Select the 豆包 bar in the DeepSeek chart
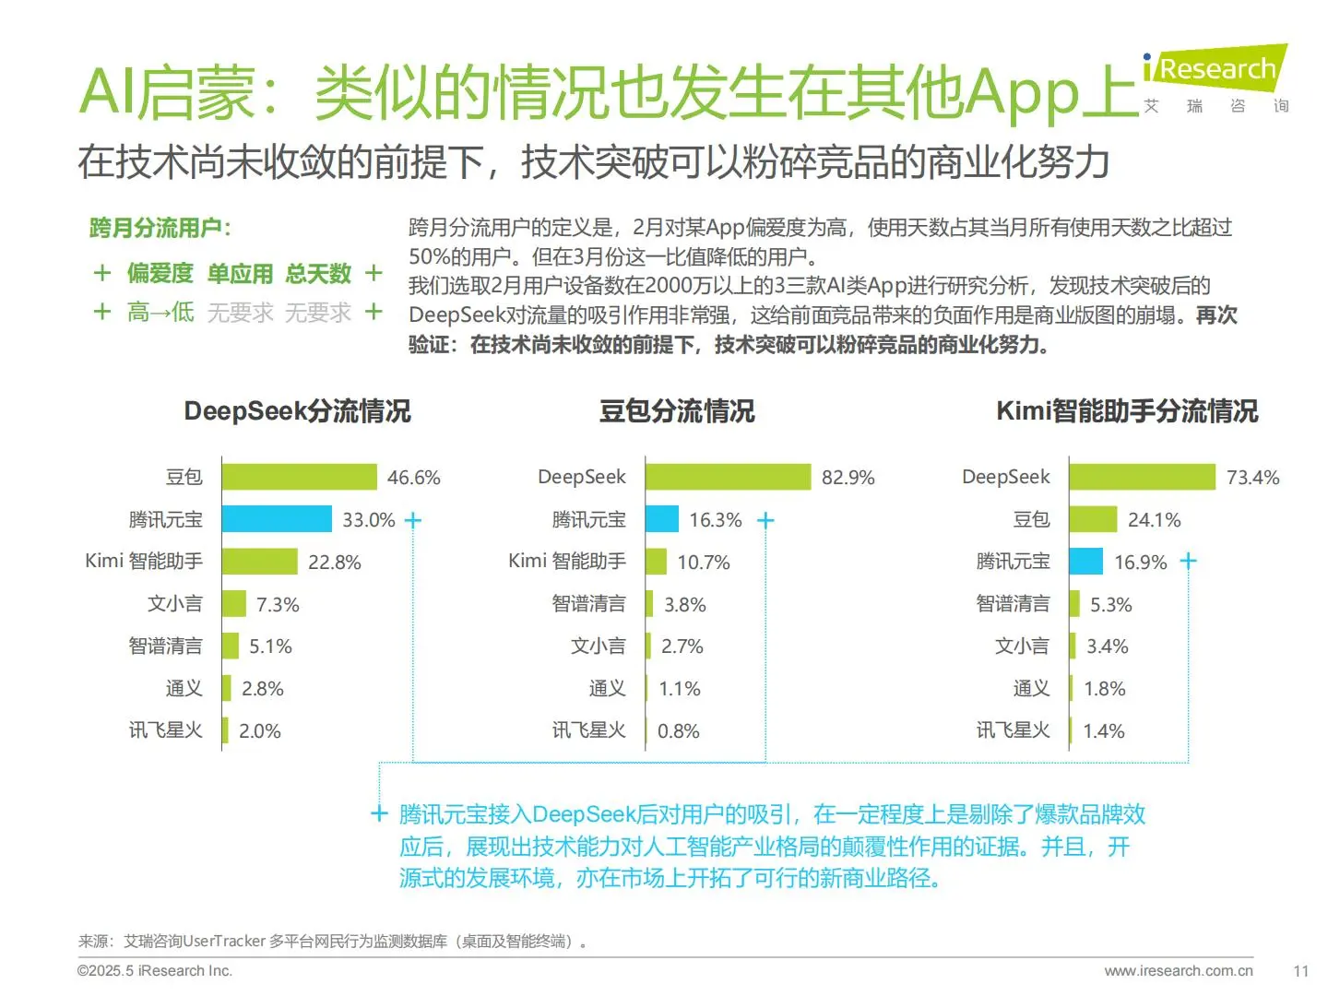(x=299, y=477)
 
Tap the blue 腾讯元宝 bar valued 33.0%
(x=277, y=519)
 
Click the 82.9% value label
(x=848, y=478)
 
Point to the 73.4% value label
(x=1252, y=478)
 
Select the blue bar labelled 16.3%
(x=662, y=519)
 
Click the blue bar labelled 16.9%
(x=1085, y=562)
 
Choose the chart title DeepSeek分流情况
(x=297, y=411)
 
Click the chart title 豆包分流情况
(x=677, y=411)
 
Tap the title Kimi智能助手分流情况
(x=1127, y=411)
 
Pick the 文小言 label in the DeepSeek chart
(x=175, y=604)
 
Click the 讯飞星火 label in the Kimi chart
(x=1013, y=730)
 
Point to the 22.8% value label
(x=334, y=563)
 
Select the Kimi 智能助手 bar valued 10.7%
(x=656, y=562)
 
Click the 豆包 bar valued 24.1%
(x=1093, y=519)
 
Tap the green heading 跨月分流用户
(x=160, y=228)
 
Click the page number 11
(x=1300, y=971)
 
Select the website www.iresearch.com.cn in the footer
(x=1178, y=971)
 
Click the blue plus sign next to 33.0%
(x=413, y=520)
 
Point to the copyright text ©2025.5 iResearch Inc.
(x=155, y=971)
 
